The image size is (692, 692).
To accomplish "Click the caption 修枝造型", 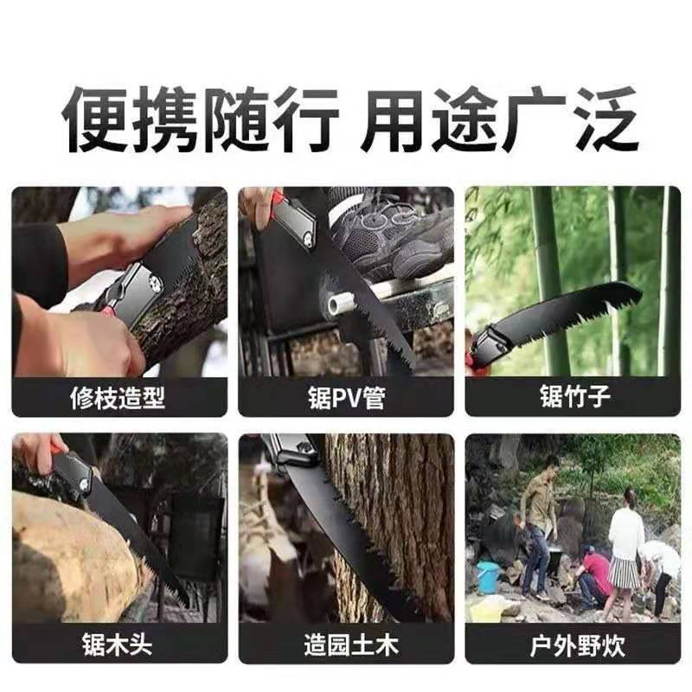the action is [x=118, y=398].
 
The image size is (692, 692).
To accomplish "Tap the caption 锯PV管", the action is [x=347, y=398].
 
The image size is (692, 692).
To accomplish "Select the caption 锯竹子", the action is [x=575, y=396].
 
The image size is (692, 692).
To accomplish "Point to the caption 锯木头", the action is [x=118, y=644].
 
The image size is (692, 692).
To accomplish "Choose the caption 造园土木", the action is [x=351, y=644].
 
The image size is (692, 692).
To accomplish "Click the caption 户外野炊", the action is [x=577, y=645].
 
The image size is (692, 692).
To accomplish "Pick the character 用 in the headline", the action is [x=392, y=120].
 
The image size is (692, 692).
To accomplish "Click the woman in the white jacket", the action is [x=625, y=552].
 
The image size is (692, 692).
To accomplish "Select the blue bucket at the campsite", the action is [x=489, y=576].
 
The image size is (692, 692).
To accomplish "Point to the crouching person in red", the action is [x=595, y=574].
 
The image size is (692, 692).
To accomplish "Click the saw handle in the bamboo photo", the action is [x=489, y=348].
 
